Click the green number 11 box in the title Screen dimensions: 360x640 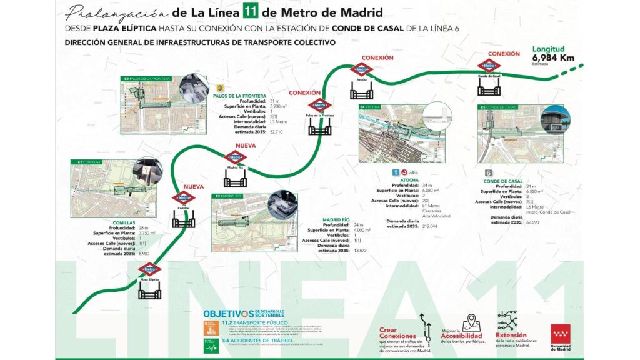point(241,12)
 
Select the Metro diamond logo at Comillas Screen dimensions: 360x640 point(183,198)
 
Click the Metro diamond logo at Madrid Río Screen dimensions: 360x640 point(235,158)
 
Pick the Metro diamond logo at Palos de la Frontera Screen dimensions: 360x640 point(320,106)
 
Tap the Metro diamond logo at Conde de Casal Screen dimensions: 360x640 point(489,66)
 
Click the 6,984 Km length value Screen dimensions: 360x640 point(553,57)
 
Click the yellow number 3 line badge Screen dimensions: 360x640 point(220,88)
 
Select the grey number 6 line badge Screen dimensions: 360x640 point(489,173)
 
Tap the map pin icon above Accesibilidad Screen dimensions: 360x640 point(470,321)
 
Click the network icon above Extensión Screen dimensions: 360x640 point(507,320)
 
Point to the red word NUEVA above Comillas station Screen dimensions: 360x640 point(194,186)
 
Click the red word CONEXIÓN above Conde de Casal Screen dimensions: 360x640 point(503,54)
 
